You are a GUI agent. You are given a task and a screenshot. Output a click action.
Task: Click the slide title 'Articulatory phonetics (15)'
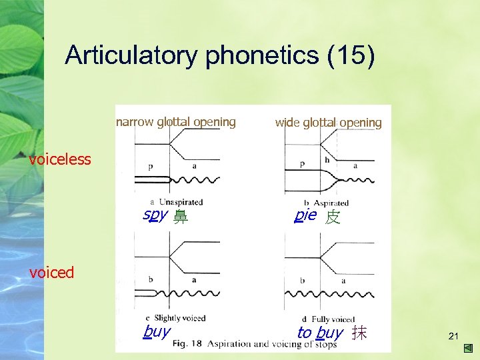tap(220, 55)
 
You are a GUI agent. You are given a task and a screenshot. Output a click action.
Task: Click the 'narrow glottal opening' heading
tap(176, 122)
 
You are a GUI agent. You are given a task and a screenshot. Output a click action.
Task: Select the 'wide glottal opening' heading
tap(329, 123)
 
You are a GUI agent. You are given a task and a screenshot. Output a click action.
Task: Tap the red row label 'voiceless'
tap(60, 159)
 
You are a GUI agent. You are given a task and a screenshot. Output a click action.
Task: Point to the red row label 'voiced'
tap(52, 272)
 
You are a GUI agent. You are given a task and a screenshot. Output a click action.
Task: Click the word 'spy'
tap(155, 215)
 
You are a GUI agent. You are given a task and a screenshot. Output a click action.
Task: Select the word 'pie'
tap(305, 215)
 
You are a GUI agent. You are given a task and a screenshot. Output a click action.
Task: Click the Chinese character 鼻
tap(180, 217)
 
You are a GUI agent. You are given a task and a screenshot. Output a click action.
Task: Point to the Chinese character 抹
tap(359, 333)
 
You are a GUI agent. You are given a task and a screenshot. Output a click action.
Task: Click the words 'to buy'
tap(320, 333)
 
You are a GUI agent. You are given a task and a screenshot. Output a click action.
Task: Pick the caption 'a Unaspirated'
tap(177, 202)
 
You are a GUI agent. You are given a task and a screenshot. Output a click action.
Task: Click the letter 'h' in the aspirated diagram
tap(327, 160)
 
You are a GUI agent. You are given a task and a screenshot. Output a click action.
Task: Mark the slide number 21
tap(453, 336)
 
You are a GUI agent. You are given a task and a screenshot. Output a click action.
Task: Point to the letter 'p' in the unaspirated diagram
tap(151, 166)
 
